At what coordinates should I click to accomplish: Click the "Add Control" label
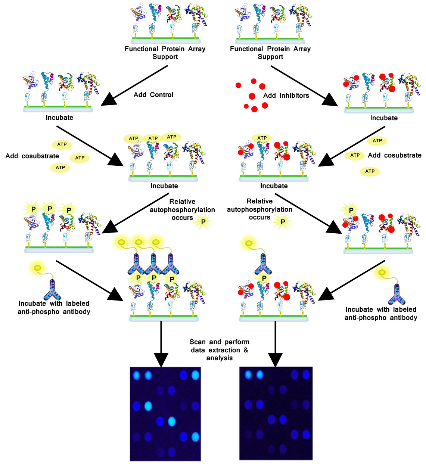point(153,95)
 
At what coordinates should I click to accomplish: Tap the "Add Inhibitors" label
point(286,96)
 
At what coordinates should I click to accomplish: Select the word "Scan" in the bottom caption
point(198,342)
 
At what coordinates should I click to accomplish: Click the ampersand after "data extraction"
point(246,350)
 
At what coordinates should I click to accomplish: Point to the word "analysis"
point(220,358)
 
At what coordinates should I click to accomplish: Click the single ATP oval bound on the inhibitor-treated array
point(262,138)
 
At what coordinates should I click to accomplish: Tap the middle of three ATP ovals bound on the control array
point(153,138)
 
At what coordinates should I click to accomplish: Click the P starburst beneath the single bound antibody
point(264,278)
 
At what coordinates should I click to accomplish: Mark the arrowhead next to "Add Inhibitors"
point(329,101)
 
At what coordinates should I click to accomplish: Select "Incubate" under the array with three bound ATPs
point(164,186)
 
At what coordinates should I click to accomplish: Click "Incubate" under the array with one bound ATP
point(274,186)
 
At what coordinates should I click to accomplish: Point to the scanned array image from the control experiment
point(165,414)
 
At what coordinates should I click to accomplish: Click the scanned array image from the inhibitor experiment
point(276,413)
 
